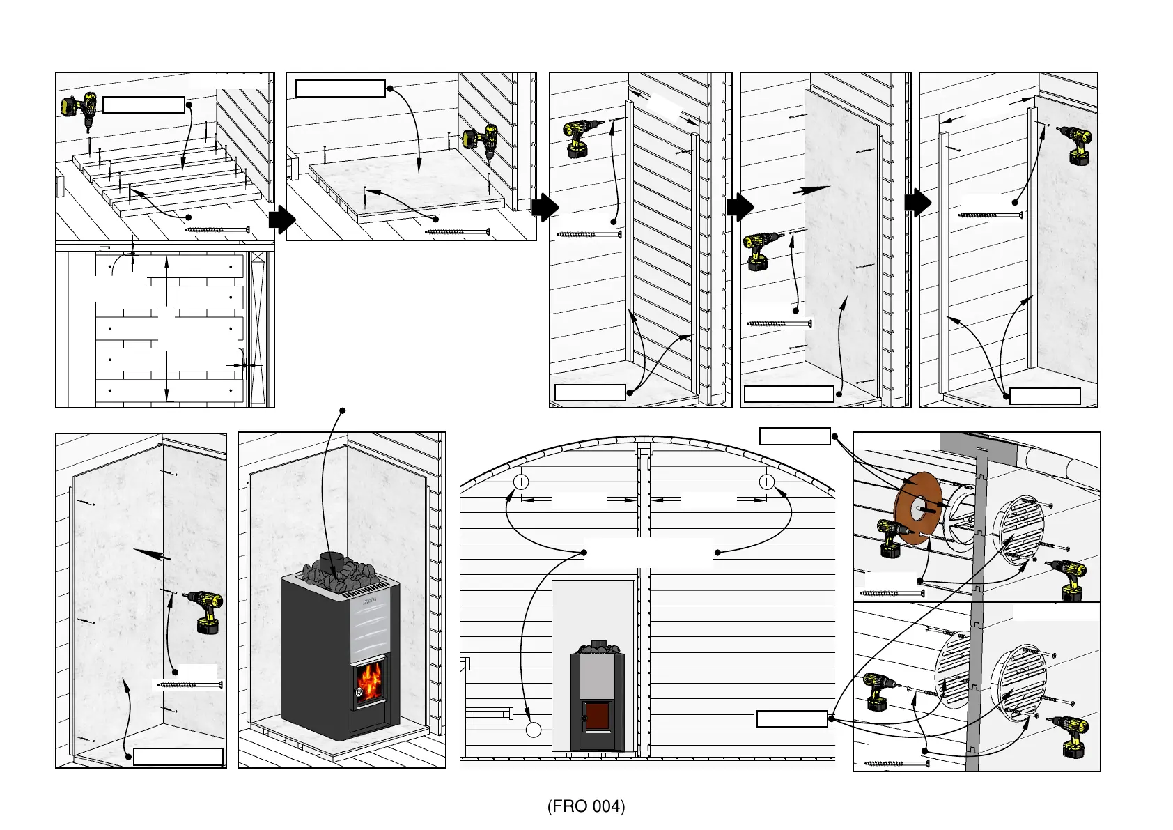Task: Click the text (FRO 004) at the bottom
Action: click(x=586, y=806)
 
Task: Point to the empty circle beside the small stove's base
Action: click(x=534, y=730)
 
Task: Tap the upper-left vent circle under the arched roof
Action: click(x=521, y=482)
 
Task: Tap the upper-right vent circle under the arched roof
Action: click(x=767, y=482)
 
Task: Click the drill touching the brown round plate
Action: click(x=893, y=537)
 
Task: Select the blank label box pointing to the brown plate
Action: click(x=795, y=436)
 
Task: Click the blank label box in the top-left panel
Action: click(x=143, y=105)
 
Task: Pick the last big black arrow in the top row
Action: click(x=917, y=203)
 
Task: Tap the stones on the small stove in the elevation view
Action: click(x=597, y=650)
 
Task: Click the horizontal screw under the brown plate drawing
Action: click(x=890, y=594)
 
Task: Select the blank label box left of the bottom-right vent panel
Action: click(x=792, y=718)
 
